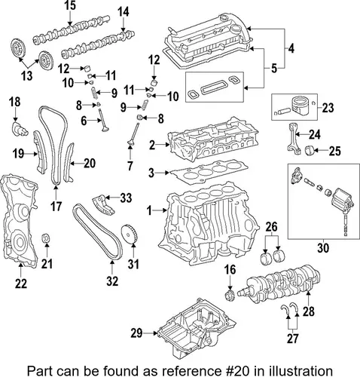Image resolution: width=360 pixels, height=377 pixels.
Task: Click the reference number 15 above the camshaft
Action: click(70, 5)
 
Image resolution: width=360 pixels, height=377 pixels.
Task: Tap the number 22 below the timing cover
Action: click(21, 284)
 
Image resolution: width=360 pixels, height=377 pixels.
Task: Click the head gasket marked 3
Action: click(209, 171)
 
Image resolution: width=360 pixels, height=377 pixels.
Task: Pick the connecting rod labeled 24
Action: click(294, 138)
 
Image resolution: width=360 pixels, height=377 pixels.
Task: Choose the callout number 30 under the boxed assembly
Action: click(323, 248)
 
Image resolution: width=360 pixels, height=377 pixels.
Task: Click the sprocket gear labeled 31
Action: click(130, 234)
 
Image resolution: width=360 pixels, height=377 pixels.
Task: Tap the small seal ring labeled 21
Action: click(46, 238)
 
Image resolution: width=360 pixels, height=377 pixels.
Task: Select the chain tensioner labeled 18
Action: click(20, 129)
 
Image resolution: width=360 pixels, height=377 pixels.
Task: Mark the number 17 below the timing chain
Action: click(56, 207)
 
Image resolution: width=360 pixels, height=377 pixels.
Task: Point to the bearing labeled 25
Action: click(310, 151)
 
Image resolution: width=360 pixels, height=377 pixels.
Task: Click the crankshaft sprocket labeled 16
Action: click(229, 296)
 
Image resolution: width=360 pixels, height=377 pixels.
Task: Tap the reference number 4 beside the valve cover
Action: click(291, 49)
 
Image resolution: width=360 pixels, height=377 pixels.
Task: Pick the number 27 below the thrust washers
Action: click(292, 339)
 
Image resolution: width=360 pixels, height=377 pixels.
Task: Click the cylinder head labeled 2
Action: click(213, 139)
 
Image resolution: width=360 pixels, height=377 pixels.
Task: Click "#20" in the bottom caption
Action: click(233, 370)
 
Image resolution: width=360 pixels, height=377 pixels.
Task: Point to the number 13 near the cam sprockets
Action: click(27, 75)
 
